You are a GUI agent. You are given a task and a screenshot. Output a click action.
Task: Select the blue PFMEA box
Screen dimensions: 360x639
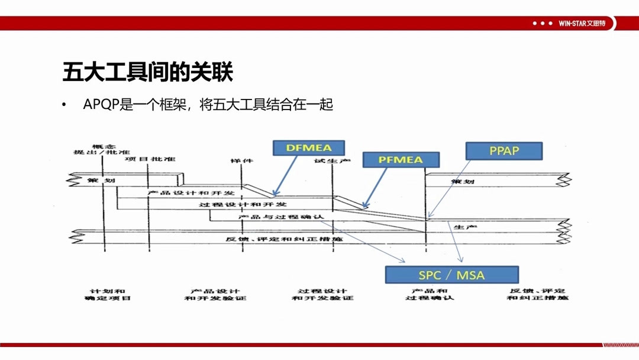point(401,160)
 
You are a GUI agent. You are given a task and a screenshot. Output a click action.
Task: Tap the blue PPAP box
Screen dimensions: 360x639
point(504,151)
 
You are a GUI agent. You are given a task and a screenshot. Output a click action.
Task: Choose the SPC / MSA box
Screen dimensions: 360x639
point(451,275)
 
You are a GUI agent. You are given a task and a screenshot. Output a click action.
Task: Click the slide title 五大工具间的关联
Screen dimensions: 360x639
point(147,73)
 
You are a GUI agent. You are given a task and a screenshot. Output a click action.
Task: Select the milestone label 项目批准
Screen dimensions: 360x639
point(150,159)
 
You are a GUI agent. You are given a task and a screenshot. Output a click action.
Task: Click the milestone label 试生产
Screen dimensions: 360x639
point(333,160)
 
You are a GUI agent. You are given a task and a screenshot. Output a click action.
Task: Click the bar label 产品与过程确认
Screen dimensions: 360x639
point(281,217)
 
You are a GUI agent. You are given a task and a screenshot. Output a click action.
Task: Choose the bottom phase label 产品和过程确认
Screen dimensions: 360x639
point(430,294)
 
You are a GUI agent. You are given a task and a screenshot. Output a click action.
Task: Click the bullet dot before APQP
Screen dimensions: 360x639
point(64,105)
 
